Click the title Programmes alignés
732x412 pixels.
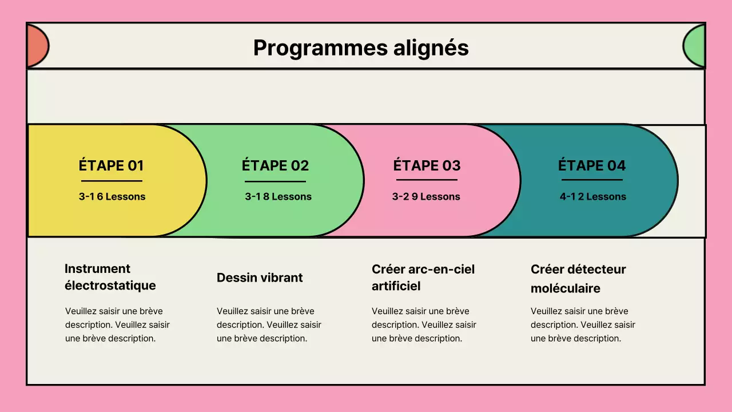click(x=361, y=48)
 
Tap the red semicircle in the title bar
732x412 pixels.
click(x=37, y=46)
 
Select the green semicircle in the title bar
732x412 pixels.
click(x=694, y=46)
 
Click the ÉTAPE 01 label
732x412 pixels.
click(x=111, y=166)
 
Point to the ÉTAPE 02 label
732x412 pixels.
click(x=275, y=166)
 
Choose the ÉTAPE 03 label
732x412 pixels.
click(x=427, y=166)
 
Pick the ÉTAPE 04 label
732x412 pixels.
click(x=592, y=166)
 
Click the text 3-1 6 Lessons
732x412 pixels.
click(x=112, y=197)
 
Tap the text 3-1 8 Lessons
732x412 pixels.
click(x=278, y=197)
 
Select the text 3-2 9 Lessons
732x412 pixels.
click(x=426, y=197)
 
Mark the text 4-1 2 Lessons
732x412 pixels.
click(x=592, y=197)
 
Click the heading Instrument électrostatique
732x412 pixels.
click(x=110, y=277)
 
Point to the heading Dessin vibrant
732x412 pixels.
click(x=260, y=278)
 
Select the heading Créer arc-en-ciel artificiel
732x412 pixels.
click(x=423, y=278)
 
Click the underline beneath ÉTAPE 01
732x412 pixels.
click(x=112, y=181)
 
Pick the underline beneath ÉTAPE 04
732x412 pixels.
click(x=592, y=180)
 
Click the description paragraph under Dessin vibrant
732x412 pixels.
click(x=269, y=325)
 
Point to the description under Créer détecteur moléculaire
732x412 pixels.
click(x=583, y=325)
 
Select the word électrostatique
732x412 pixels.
click(x=110, y=286)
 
